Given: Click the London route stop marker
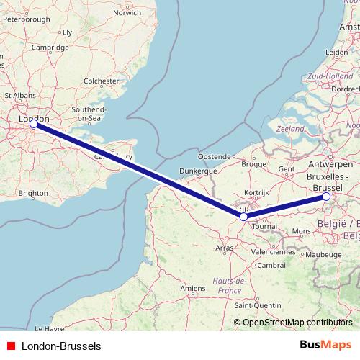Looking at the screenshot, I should [34, 125].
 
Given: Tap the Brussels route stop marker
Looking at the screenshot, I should [326, 196].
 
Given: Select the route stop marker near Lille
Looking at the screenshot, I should [244, 216].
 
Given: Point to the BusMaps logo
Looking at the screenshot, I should [327, 346].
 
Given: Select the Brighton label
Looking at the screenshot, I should [33, 194].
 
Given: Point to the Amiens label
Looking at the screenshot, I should [193, 288].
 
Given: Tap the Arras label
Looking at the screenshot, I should [226, 248].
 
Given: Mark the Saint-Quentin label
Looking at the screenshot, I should [262, 305].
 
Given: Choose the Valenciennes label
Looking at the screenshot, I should [274, 253].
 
